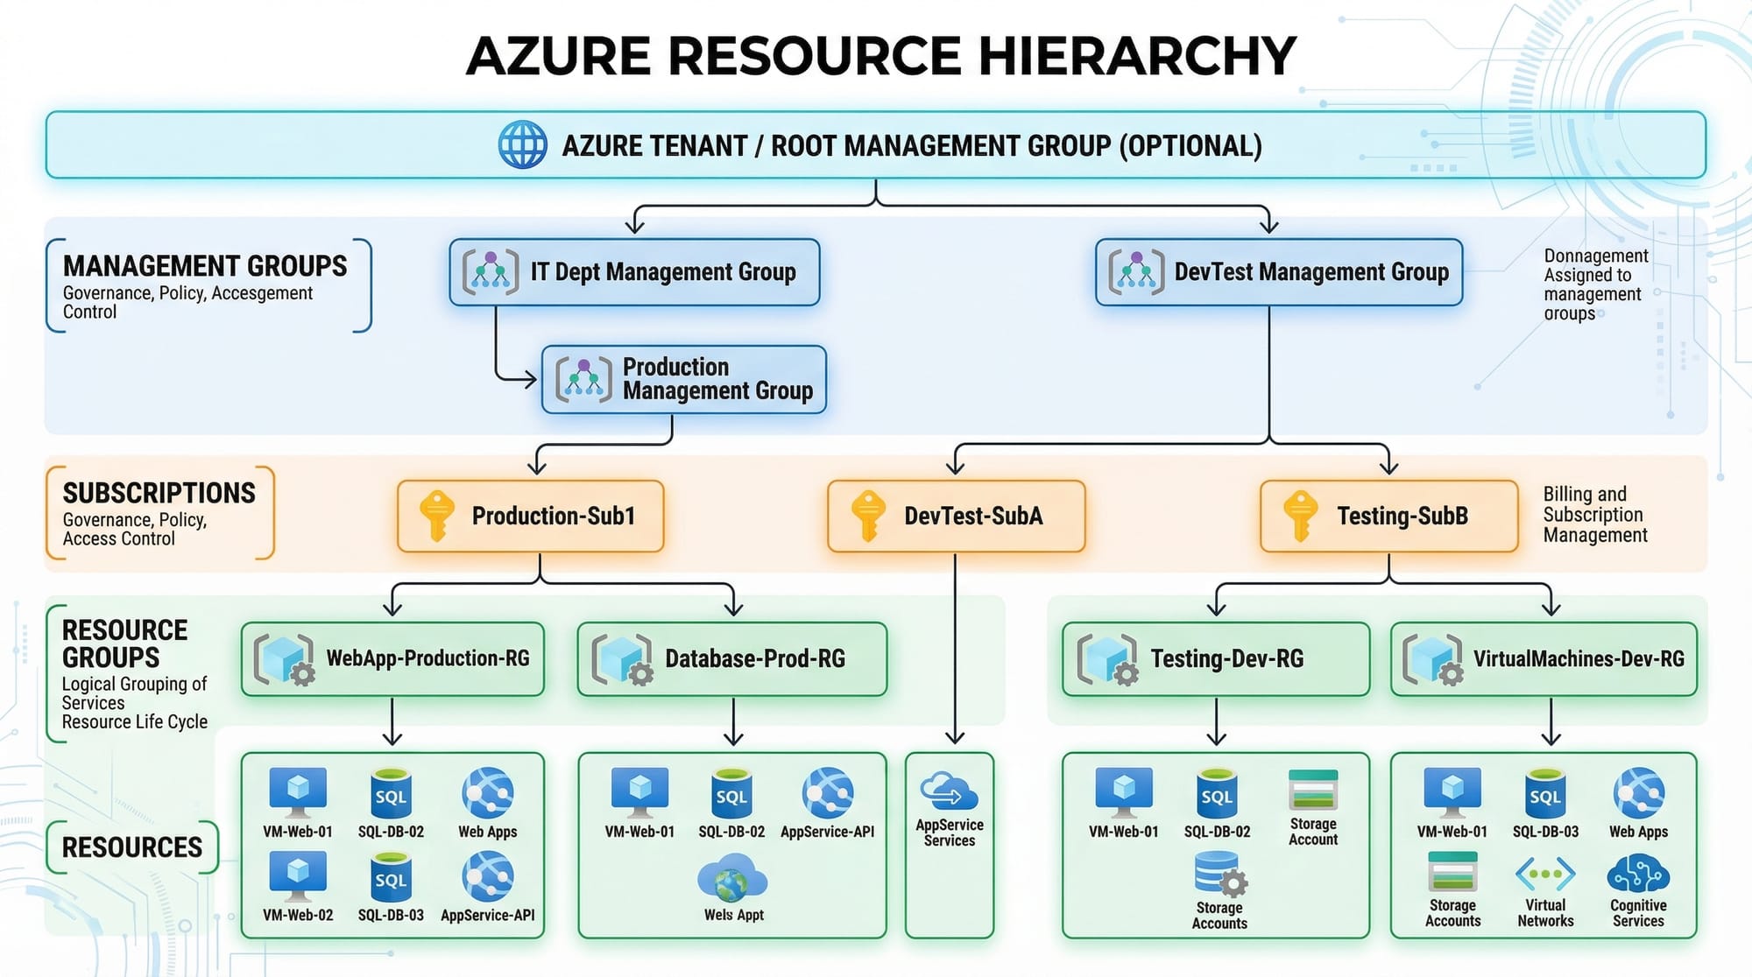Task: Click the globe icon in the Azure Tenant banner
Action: coord(522,144)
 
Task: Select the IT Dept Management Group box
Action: coord(634,272)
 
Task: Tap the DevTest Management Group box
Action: coord(1278,272)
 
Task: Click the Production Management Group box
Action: coord(683,379)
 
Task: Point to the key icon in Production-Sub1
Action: coord(435,516)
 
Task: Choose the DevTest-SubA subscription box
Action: coord(956,516)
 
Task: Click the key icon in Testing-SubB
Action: coord(1300,516)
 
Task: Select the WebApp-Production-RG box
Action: coord(392,659)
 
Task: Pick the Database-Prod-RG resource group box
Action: coord(732,659)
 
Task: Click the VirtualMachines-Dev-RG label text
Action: coord(1579,659)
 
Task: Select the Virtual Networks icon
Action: coord(1545,874)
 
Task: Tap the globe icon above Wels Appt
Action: coord(732,878)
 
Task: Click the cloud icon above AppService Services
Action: coord(949,791)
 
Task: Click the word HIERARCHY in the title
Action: coord(1136,56)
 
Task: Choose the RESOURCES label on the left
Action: coord(132,847)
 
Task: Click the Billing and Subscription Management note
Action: coord(1594,515)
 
